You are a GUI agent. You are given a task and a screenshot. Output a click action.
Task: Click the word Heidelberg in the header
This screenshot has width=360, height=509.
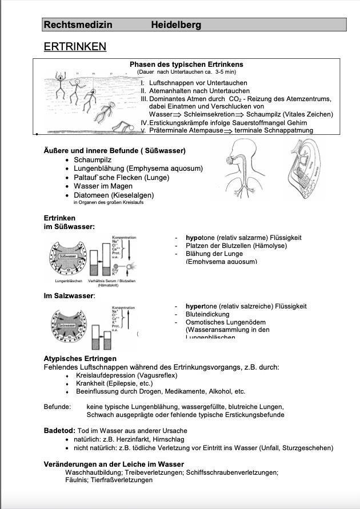(176, 25)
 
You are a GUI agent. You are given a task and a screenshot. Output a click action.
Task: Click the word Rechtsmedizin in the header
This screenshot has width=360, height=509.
(78, 25)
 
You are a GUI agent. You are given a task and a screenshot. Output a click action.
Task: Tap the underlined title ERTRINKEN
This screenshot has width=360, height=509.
(75, 46)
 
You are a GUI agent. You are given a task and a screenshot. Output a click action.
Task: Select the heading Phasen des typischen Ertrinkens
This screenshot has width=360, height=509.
(186, 65)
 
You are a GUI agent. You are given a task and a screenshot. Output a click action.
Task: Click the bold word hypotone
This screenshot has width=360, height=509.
(200, 238)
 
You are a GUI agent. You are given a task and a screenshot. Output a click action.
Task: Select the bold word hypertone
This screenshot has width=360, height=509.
(202, 306)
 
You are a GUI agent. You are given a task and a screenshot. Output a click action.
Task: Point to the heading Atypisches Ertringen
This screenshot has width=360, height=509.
(80, 359)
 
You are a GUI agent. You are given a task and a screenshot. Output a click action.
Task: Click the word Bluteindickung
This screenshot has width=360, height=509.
(207, 314)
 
